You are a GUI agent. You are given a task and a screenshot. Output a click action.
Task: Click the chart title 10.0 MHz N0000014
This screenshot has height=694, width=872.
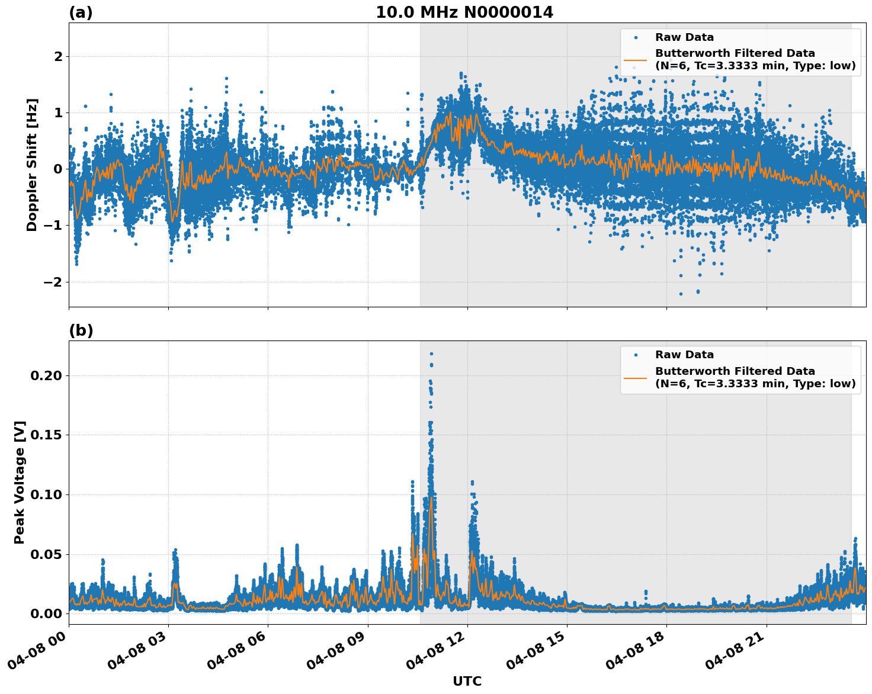coord(464,12)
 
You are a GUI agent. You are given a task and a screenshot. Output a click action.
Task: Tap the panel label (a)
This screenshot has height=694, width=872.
coord(81,12)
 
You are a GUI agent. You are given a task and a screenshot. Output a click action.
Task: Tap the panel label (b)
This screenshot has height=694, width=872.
coord(81,330)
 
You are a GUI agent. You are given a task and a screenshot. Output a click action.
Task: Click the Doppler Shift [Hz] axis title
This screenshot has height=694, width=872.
coord(32,165)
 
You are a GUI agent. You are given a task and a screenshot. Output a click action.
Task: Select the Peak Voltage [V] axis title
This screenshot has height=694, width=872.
coord(20,495)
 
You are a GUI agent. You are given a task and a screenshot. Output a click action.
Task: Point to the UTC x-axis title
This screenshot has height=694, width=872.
coord(467,681)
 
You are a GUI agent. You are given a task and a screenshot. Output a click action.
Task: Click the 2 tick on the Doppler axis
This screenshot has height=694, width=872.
coord(58,57)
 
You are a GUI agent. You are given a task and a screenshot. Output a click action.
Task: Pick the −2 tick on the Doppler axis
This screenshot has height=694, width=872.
coord(53,282)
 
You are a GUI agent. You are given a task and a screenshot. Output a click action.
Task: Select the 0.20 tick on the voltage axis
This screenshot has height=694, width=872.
coord(46,375)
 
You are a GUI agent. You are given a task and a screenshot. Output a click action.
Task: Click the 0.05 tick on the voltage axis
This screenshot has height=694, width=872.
coord(46,554)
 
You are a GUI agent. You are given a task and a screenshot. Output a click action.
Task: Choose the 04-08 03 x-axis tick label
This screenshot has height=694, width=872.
coord(137,654)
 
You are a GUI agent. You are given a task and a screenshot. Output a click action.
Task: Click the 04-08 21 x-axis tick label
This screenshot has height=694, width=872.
coord(735,654)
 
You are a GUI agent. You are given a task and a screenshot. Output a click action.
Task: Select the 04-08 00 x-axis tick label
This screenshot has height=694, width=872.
coord(37,654)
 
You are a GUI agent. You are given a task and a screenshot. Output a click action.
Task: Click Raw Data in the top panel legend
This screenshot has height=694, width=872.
coord(684,37)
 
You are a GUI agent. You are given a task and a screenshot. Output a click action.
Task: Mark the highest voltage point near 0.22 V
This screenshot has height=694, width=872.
coord(431,354)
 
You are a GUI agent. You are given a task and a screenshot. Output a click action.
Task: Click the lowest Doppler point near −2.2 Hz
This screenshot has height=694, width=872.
coord(681,294)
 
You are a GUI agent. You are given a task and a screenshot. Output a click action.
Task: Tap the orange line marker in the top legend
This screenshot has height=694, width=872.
coord(636,59)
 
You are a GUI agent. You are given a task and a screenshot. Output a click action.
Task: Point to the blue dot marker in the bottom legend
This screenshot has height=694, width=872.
coord(636,355)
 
